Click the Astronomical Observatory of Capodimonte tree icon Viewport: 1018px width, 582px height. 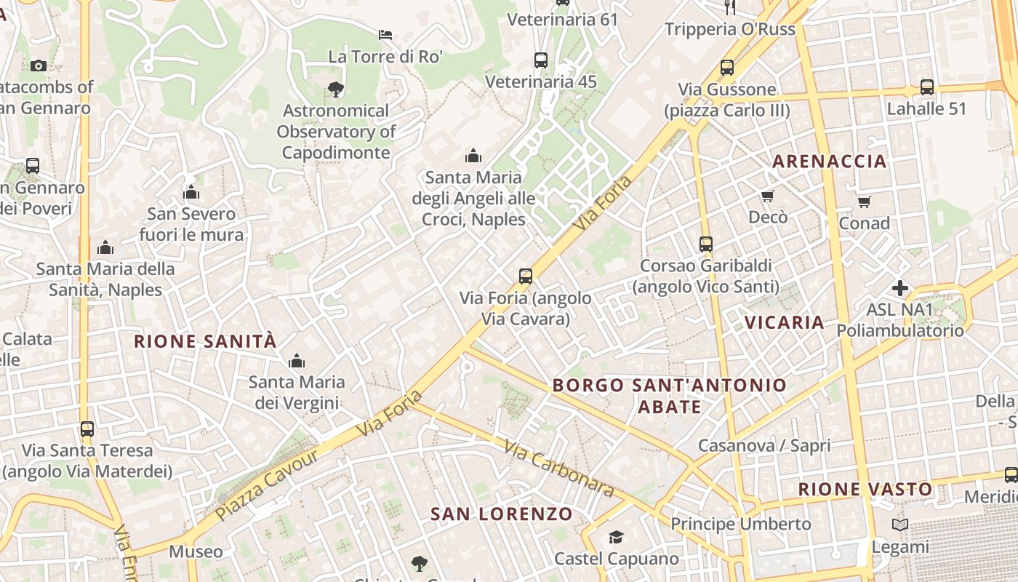coord(335,89)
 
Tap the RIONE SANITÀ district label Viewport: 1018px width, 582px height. coord(205,341)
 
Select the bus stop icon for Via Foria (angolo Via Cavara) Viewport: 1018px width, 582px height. coord(526,276)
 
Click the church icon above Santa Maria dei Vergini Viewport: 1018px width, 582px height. coord(296,361)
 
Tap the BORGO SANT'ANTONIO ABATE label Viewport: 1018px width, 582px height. coord(669,395)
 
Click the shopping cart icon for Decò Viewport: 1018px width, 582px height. coord(767,196)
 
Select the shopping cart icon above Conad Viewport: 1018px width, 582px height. coord(864,202)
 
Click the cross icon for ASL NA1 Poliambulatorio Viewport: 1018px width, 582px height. coord(900,288)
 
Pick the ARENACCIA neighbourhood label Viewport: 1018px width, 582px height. coord(829,162)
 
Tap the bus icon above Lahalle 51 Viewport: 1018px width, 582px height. coord(926,87)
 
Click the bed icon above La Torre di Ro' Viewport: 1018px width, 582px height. coord(385,34)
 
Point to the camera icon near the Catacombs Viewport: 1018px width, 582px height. coord(39,65)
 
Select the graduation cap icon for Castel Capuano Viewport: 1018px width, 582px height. coord(616,537)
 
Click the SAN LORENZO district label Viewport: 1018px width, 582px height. coord(502,514)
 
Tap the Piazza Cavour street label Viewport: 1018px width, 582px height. coord(267,485)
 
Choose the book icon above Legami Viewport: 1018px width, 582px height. coord(900,525)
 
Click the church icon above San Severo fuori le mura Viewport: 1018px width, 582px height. coord(191,193)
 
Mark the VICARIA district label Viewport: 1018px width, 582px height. coord(784,322)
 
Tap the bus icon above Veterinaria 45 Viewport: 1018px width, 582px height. coord(540,60)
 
